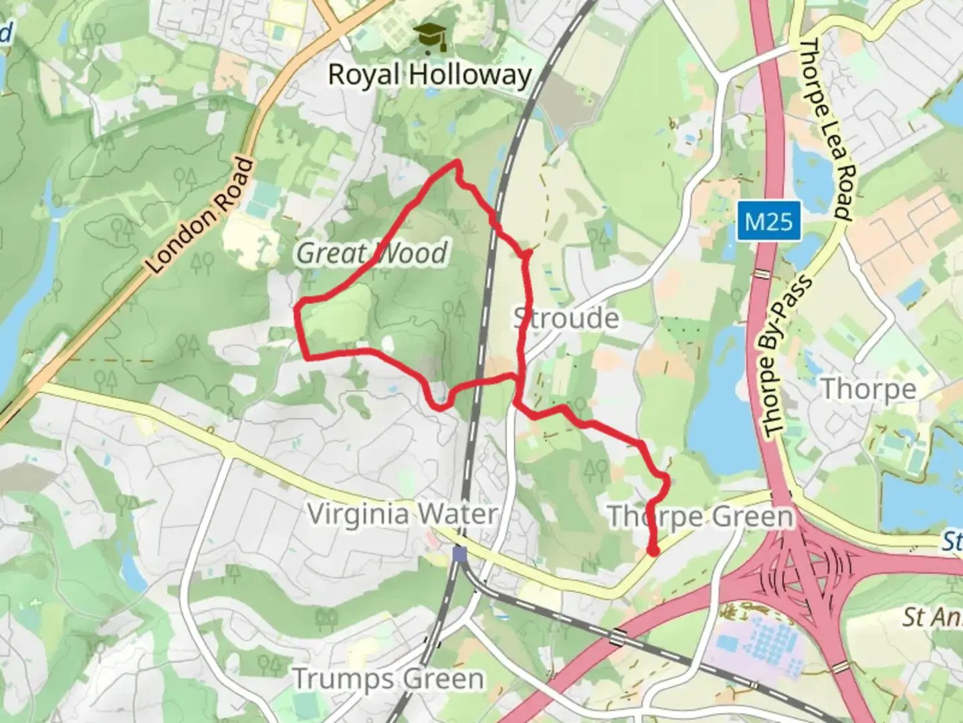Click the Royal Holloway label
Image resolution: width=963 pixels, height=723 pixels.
[x=429, y=74]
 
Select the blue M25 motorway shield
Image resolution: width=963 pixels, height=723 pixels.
[x=769, y=221]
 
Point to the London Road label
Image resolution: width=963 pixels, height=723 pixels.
[x=201, y=216]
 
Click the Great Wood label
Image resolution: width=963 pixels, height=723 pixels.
[x=372, y=253]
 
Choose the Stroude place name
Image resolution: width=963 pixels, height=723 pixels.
[x=566, y=318]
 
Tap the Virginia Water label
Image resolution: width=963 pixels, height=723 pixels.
[x=402, y=514]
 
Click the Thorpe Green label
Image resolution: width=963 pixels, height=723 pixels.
[x=700, y=516]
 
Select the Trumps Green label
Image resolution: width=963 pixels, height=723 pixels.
[x=388, y=679]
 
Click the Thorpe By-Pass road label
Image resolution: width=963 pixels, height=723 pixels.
[x=786, y=356]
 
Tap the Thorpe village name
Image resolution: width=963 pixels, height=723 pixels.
[x=867, y=388]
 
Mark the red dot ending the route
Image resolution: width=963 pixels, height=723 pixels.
[x=653, y=550]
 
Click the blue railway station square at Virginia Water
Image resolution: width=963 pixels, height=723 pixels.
[x=459, y=554]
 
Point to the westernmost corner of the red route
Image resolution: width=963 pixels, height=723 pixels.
[x=297, y=307]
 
